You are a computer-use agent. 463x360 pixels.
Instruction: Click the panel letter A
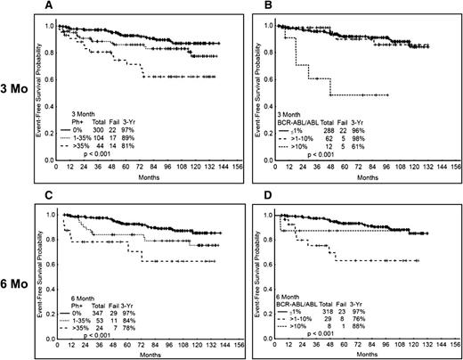(56, 6)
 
